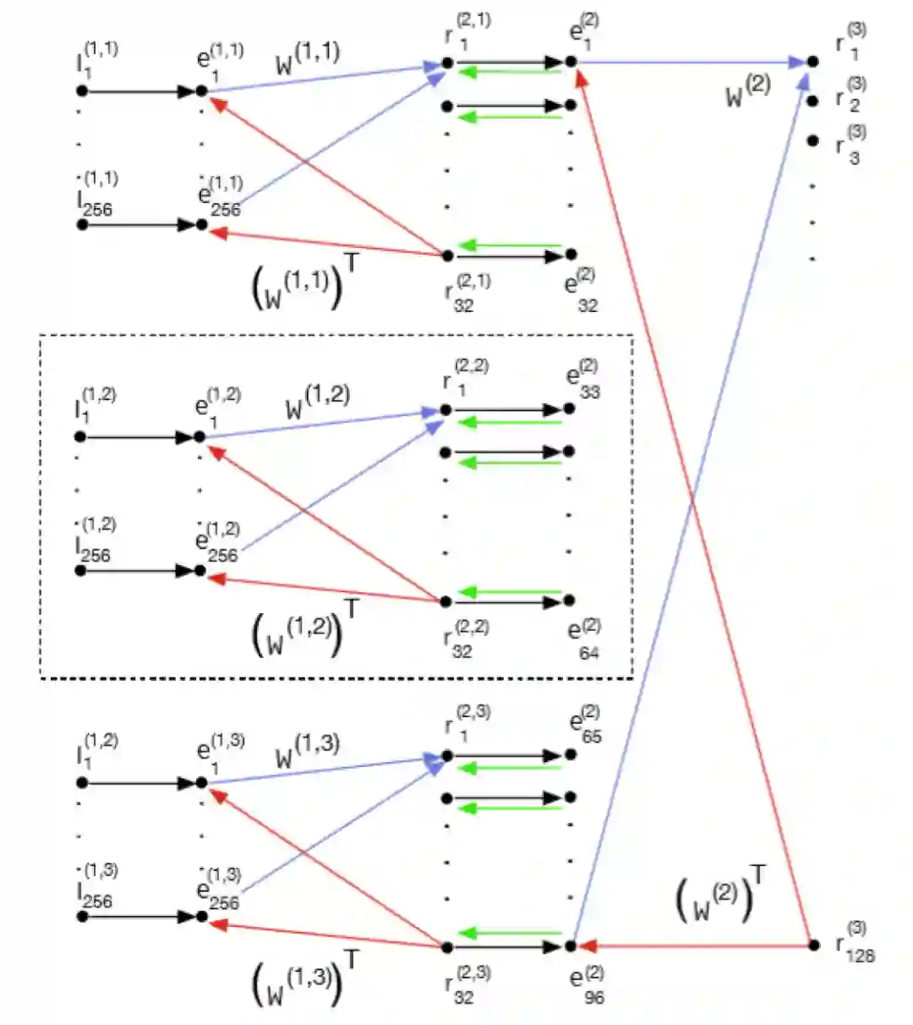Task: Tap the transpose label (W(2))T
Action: (721, 897)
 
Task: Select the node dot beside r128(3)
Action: (813, 945)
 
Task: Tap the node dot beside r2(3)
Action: (813, 101)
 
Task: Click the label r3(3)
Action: (850, 145)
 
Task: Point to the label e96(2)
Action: (585, 984)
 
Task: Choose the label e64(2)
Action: (583, 639)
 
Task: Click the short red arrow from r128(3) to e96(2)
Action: (693, 945)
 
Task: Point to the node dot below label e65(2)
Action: (571, 754)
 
